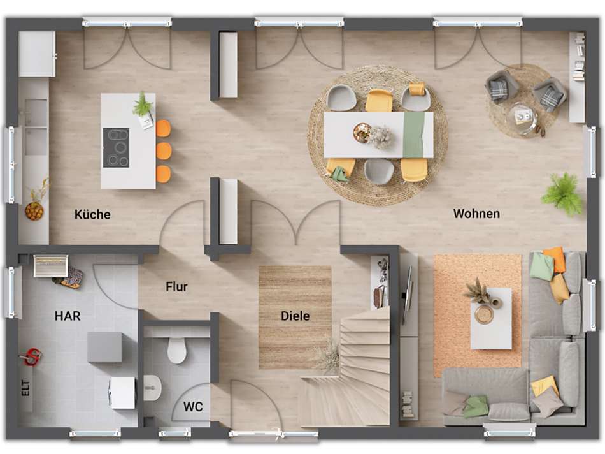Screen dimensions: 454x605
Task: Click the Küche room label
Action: (x=92, y=214)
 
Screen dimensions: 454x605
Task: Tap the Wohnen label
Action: (x=476, y=214)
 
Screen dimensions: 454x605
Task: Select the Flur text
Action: (x=176, y=287)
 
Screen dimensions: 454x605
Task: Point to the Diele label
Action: (x=295, y=316)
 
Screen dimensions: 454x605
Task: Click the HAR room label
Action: (x=68, y=316)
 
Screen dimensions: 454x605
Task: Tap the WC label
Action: (x=193, y=406)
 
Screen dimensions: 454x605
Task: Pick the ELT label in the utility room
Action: (x=26, y=388)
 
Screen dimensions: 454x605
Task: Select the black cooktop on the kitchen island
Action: (x=116, y=147)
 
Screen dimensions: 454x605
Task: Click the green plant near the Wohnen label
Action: (x=563, y=194)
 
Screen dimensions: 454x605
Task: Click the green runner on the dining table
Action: (x=413, y=135)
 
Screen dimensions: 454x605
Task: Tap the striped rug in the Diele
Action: (x=295, y=317)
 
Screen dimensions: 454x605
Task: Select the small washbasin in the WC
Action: (x=152, y=388)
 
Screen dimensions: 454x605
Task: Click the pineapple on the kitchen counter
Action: (x=34, y=210)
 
